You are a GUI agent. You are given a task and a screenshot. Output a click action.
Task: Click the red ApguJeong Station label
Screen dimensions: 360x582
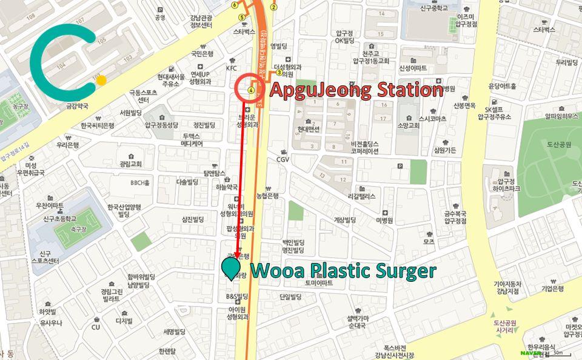coord(356,90)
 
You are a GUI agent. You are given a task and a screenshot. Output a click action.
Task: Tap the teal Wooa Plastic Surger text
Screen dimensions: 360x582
coord(343,270)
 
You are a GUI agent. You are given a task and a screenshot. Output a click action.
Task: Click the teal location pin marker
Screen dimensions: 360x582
coord(230,267)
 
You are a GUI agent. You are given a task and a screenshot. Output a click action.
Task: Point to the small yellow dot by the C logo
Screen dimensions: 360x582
coord(101,80)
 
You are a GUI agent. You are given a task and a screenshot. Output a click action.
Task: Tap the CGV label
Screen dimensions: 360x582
coord(283,159)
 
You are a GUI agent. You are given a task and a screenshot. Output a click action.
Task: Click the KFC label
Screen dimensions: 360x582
coord(232,68)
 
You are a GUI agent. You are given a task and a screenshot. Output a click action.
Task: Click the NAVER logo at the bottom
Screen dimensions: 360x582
coord(530,353)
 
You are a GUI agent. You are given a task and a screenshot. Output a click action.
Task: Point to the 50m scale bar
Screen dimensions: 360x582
coord(557,353)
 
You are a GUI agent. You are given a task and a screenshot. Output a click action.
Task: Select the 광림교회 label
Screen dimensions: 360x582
coord(130,164)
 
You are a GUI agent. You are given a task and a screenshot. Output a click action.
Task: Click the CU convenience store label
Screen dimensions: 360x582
coord(95,327)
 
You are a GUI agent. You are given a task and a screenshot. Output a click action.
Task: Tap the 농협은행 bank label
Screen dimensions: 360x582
coord(267,196)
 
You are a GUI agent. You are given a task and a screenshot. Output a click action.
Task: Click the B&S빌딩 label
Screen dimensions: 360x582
coord(238,297)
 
